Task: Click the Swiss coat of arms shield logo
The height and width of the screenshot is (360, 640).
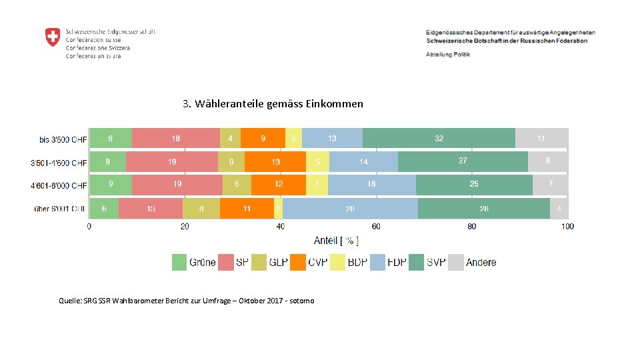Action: [x=53, y=37]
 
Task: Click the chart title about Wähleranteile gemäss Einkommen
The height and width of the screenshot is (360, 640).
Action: [x=273, y=104]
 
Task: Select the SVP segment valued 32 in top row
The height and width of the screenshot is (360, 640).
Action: [x=439, y=139]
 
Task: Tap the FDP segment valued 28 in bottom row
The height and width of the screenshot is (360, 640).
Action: [x=350, y=209]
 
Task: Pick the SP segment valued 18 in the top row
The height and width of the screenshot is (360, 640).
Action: [x=175, y=139]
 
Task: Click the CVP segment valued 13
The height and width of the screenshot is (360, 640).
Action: [x=275, y=162]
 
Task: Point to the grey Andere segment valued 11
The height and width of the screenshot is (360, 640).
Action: [x=541, y=139]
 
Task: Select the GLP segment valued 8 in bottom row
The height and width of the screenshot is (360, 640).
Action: [x=201, y=209]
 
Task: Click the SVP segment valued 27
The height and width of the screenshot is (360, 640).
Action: [x=463, y=161]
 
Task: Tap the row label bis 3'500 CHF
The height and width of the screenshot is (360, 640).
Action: [x=63, y=140]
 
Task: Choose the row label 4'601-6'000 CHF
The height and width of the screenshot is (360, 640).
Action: [x=59, y=185]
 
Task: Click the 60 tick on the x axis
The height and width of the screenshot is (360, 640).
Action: [x=376, y=227]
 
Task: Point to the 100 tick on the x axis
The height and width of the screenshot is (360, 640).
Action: [x=567, y=227]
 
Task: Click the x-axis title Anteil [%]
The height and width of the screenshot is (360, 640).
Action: [x=336, y=241]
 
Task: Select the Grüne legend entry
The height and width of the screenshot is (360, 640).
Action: [x=194, y=262]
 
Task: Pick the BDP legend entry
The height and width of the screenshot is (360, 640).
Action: [x=349, y=262]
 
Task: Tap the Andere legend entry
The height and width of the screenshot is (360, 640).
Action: [x=473, y=262]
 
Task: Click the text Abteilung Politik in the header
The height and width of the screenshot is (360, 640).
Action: [x=447, y=54]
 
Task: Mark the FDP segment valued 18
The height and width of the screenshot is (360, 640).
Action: [x=371, y=184]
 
